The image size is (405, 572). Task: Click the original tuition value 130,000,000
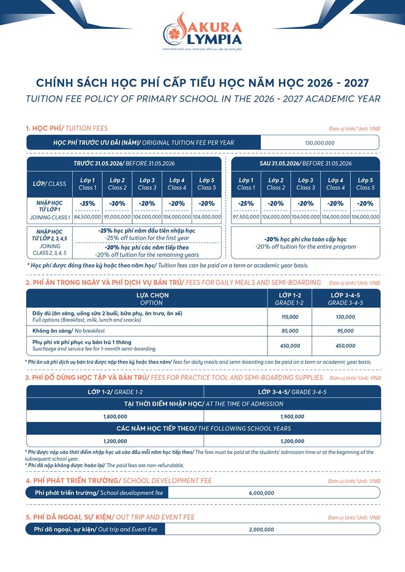click(x=320, y=143)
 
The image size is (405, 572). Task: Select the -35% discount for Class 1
click(x=87, y=203)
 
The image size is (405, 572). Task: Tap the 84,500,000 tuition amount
click(x=87, y=217)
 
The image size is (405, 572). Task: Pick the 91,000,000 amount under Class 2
click(x=117, y=217)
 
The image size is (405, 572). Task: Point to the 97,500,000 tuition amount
click(x=245, y=217)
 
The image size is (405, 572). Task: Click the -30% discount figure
click(x=117, y=203)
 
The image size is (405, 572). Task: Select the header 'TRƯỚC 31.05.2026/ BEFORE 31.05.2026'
click(x=124, y=163)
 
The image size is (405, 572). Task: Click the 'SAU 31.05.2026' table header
click(x=305, y=163)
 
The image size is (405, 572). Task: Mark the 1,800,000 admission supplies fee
click(x=115, y=416)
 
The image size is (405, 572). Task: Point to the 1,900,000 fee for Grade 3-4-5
click(x=292, y=416)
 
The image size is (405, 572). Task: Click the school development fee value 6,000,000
click(x=261, y=493)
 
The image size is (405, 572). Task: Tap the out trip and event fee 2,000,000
click(x=261, y=530)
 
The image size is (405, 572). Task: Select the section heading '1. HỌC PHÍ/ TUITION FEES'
click(x=67, y=128)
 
